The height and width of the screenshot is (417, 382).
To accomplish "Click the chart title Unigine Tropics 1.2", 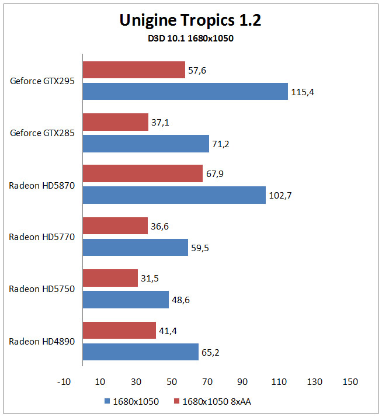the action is tap(190, 20).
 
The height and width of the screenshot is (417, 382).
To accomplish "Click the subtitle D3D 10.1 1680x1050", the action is tap(191, 39).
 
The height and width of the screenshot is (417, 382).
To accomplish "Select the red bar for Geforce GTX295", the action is tap(134, 69).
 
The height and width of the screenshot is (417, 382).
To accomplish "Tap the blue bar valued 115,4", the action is tap(185, 91).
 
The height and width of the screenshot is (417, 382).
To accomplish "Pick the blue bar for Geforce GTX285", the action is tap(146, 144).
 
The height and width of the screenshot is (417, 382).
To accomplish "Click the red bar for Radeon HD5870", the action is tap(143, 173).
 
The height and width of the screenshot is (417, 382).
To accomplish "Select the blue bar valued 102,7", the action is tap(174, 195).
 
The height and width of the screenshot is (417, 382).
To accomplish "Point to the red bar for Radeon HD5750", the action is tap(110, 278).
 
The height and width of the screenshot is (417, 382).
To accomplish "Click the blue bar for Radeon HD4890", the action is tap(140, 352).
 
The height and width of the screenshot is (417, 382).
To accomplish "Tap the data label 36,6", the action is tap(159, 227).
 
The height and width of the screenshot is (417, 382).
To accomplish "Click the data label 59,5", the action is tap(200, 248).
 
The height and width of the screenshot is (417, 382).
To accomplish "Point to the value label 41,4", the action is tap(168, 331).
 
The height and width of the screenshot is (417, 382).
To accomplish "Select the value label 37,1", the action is tap(160, 122).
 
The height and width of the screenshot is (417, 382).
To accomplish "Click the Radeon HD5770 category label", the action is tap(42, 237).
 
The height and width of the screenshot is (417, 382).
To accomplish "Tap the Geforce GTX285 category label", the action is tap(42, 133).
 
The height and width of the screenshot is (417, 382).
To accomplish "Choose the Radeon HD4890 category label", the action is tap(42, 341).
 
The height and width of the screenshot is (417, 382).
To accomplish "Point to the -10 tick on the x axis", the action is tap(64, 381).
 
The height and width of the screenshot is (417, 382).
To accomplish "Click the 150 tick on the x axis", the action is tap(350, 381).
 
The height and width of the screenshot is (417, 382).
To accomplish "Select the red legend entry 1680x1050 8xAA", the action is tap(212, 401).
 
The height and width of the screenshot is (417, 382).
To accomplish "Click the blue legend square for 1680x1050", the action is tap(107, 401).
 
